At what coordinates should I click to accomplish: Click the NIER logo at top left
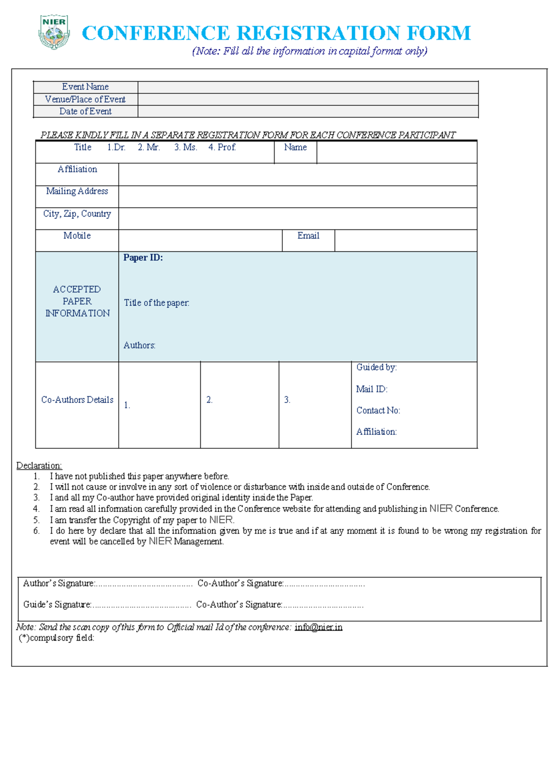pos(54,32)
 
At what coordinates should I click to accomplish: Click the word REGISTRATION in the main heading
pos(318,33)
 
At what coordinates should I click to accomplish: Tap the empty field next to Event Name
pos(308,87)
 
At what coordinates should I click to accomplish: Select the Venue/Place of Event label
pos(85,99)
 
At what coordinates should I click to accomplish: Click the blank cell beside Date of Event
pos(308,112)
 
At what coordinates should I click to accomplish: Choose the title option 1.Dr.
pos(116,147)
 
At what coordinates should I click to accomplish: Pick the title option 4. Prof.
pos(222,147)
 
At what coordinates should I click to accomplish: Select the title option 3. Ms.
pos(186,147)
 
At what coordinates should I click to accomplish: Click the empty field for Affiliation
pos(297,174)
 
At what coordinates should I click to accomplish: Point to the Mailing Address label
pos(77,191)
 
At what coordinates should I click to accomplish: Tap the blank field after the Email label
pos(406,240)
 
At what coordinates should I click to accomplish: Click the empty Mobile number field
pos(200,240)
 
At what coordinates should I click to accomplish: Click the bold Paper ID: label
pos(143,258)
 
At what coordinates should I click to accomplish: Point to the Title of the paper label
pos(156,303)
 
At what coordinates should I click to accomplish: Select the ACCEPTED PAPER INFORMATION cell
pos(77,301)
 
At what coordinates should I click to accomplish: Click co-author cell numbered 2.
pos(239,405)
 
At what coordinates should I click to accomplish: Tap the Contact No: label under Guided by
pos(378,410)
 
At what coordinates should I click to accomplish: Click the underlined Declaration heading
pos(39,465)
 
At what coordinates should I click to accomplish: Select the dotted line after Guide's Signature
pos(142,606)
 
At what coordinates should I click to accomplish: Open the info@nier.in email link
pos(319,627)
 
